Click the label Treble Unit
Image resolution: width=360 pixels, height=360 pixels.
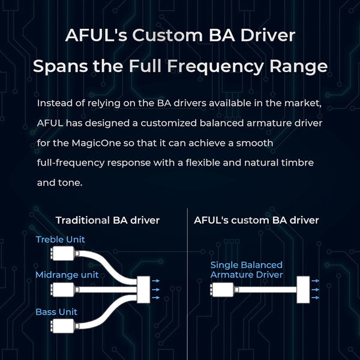tap(60, 239)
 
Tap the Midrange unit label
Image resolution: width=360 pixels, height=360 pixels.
tap(67, 275)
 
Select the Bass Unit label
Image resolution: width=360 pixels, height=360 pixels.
tap(56, 312)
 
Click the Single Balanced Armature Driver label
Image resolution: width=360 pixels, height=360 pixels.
tap(246, 269)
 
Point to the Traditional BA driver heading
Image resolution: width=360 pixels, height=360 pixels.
tap(107, 220)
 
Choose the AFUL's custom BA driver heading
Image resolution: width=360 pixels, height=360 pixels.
tap(256, 220)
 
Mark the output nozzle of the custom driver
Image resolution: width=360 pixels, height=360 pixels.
tap(302, 290)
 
